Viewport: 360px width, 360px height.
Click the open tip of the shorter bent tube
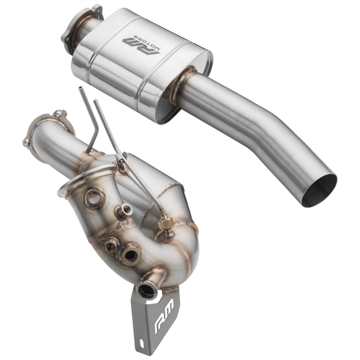point(79,91)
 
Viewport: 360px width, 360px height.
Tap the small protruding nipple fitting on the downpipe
point(125,210)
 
